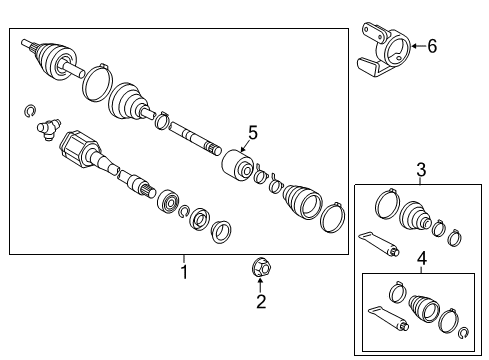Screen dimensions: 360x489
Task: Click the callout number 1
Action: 183,271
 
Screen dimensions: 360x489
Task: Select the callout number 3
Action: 420,170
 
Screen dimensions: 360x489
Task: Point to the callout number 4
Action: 421,260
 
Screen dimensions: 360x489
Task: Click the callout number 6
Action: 431,44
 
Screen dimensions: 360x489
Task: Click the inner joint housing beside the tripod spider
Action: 79,153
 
